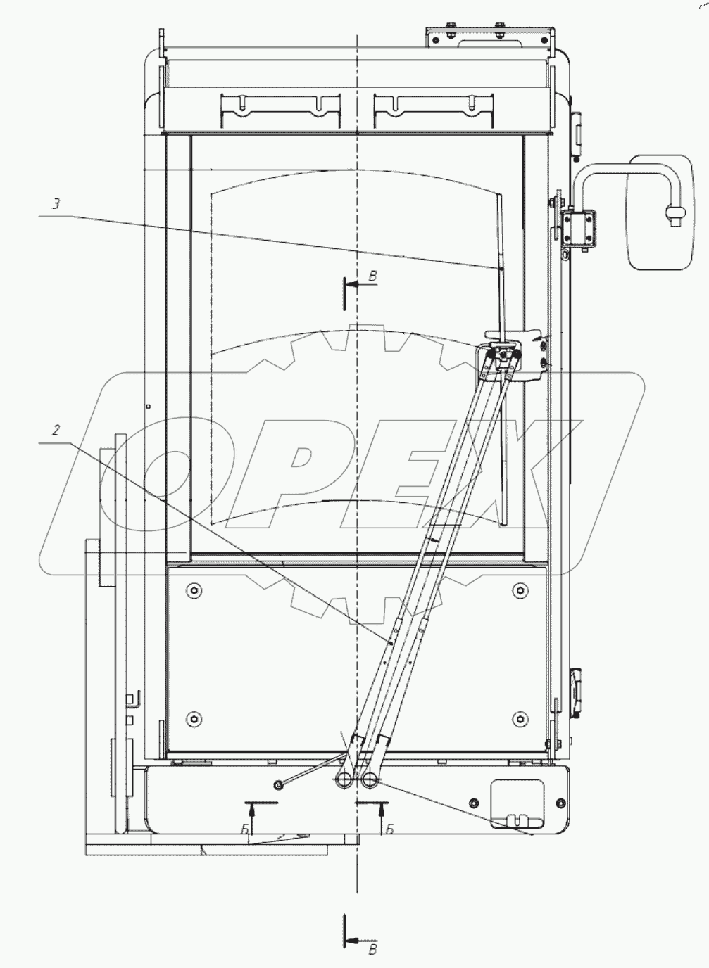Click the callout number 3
56,203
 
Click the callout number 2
56,430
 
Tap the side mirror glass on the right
660,212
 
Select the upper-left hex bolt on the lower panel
194,590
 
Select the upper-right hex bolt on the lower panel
520,590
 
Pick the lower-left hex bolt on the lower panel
194,719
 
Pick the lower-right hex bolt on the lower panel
520,719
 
